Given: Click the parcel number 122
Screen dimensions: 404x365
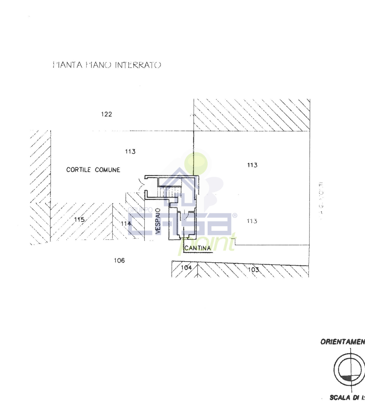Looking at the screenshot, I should pyautogui.click(x=106, y=114).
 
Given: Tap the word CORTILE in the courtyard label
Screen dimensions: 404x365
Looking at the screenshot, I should pyautogui.click(x=78, y=170).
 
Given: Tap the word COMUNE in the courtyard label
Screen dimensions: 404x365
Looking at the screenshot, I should pyautogui.click(x=107, y=170).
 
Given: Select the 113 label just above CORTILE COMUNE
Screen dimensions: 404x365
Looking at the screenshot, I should pyautogui.click(x=130, y=152).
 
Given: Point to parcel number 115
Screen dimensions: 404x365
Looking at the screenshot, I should pyautogui.click(x=79, y=220).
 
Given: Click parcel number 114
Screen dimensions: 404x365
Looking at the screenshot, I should pyautogui.click(x=126, y=224).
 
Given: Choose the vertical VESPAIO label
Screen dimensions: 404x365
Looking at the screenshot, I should pyautogui.click(x=158, y=221).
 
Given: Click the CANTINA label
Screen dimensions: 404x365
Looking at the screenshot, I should pyautogui.click(x=197, y=248).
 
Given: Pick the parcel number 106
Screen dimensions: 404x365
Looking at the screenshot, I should pyautogui.click(x=119, y=260).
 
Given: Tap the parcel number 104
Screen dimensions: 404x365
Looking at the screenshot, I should pyautogui.click(x=186, y=267).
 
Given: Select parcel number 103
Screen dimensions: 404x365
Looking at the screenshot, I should pyautogui.click(x=253, y=270).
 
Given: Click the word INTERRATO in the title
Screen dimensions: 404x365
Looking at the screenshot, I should pyautogui.click(x=138, y=65).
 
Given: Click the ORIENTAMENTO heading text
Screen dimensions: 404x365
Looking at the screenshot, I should pyautogui.click(x=343, y=342).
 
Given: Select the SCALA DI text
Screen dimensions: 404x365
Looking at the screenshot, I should pyautogui.click(x=346, y=398).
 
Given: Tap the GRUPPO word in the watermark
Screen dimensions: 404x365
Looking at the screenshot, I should pyautogui.click(x=140, y=210).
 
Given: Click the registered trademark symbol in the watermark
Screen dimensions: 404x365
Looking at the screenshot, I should pyautogui.click(x=235, y=216).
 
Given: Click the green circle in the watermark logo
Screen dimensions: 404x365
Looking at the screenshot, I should pyautogui.click(x=196, y=163).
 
